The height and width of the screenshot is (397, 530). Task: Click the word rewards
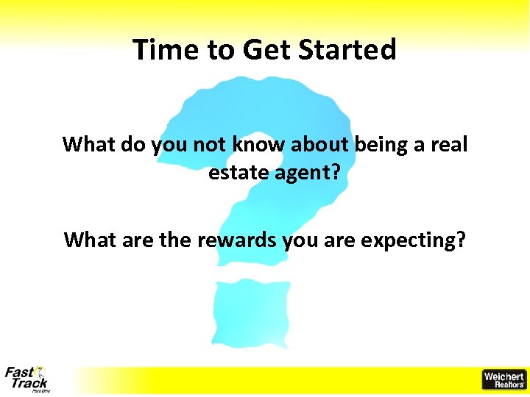[239, 240]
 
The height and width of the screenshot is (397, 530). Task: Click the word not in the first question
[208, 145]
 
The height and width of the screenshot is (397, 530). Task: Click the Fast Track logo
[26, 379]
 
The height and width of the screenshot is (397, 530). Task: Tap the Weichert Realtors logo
[504, 379]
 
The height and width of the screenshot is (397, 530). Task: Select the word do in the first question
[135, 144]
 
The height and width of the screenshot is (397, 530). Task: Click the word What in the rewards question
[88, 240]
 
